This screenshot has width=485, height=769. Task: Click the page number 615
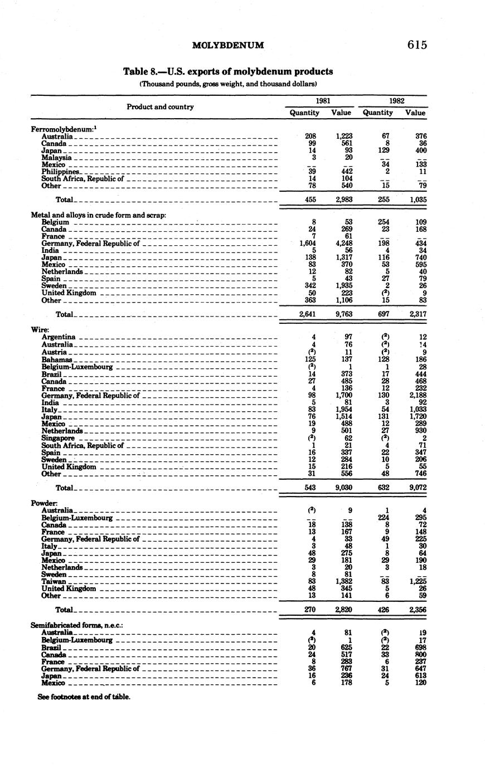(x=417, y=45)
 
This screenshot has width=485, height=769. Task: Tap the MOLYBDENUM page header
(x=227, y=45)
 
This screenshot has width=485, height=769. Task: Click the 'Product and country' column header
(x=160, y=106)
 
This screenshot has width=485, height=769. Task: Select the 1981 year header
(x=322, y=101)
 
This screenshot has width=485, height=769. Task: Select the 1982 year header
(x=396, y=101)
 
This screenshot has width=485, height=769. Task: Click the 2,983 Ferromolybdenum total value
(x=341, y=199)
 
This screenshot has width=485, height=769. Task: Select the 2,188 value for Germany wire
(x=415, y=395)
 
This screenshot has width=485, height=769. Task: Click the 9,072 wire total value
(x=415, y=488)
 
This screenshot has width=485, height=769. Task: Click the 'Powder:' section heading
(x=44, y=503)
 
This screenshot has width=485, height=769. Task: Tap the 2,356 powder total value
(x=415, y=610)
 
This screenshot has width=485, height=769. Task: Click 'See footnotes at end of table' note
(x=84, y=697)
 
